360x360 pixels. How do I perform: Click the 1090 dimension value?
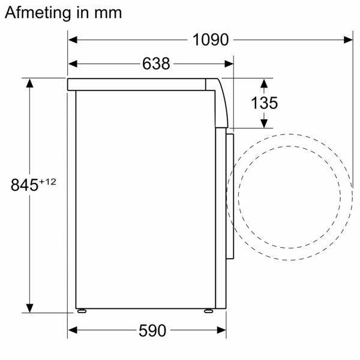211,40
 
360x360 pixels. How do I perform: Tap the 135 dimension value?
264,103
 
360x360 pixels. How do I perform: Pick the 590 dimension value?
152,331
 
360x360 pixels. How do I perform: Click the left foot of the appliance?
81,311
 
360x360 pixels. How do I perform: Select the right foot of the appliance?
207,311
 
